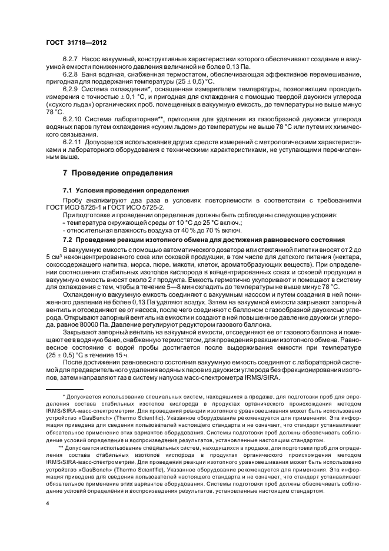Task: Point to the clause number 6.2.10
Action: (72, 119)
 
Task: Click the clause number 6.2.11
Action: (72, 142)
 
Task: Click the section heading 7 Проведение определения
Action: (118, 174)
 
